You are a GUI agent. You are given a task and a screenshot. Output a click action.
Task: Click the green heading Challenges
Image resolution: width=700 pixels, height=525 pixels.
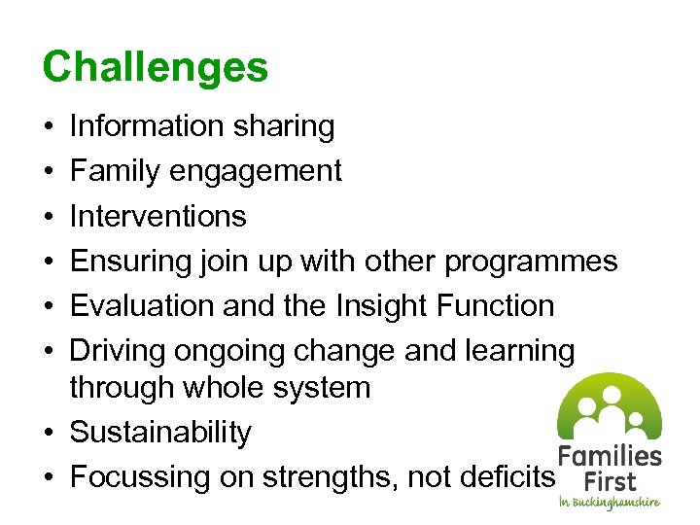click(156, 68)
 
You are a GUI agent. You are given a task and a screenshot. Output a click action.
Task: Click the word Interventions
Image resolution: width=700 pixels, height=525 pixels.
click(158, 216)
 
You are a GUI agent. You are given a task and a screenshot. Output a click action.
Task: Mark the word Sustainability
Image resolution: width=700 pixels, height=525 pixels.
click(160, 433)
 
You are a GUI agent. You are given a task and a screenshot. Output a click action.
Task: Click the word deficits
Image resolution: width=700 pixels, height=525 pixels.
click(506, 477)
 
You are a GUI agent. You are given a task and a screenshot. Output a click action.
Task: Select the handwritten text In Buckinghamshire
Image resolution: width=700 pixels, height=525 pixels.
click(609, 503)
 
